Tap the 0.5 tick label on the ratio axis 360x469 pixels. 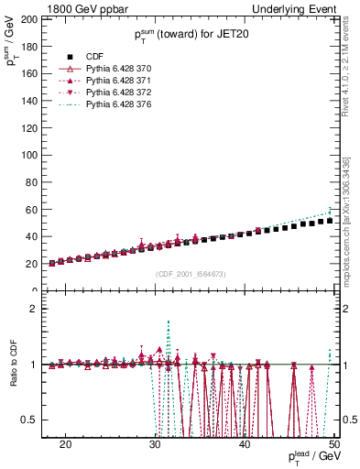pos(30,420)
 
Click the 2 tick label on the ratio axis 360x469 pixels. pos(34,309)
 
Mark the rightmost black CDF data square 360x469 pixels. pos(330,221)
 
